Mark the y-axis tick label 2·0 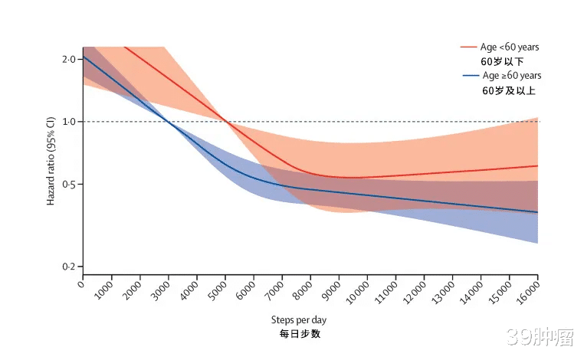point(69,60)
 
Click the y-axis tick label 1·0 point(69,122)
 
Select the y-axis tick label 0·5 point(69,185)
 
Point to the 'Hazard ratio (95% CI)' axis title point(51,160)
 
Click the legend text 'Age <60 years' point(512,47)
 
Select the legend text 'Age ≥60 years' point(512,75)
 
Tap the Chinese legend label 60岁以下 point(503,61)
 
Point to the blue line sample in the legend point(471,75)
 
